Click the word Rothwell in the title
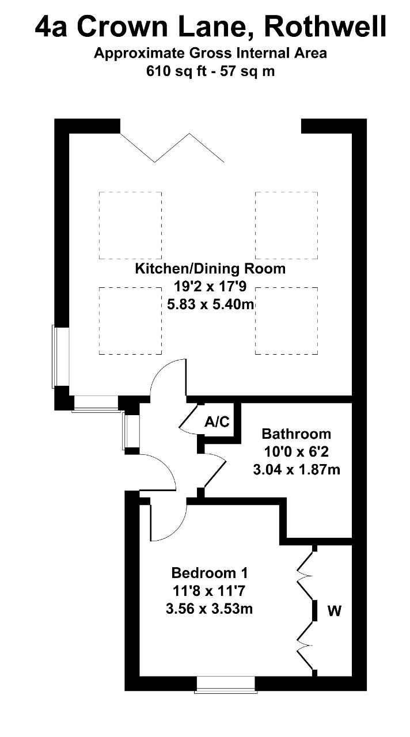pos(325,27)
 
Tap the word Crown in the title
pos(123,27)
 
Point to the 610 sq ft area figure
pos(176,71)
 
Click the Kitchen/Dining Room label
pos(210,269)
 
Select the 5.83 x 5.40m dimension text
pos(210,305)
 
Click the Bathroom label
pos(296,434)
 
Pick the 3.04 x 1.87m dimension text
pos(296,469)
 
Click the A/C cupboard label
pos(217,422)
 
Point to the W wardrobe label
pos(335,611)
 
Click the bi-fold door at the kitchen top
pos(172,148)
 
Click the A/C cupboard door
pos(188,416)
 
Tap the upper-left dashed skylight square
pos(130,225)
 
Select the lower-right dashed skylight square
pos(286,321)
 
